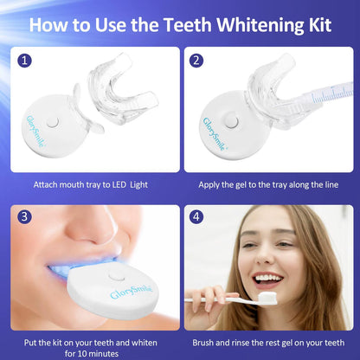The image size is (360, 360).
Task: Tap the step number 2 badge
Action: pos(198,61)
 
